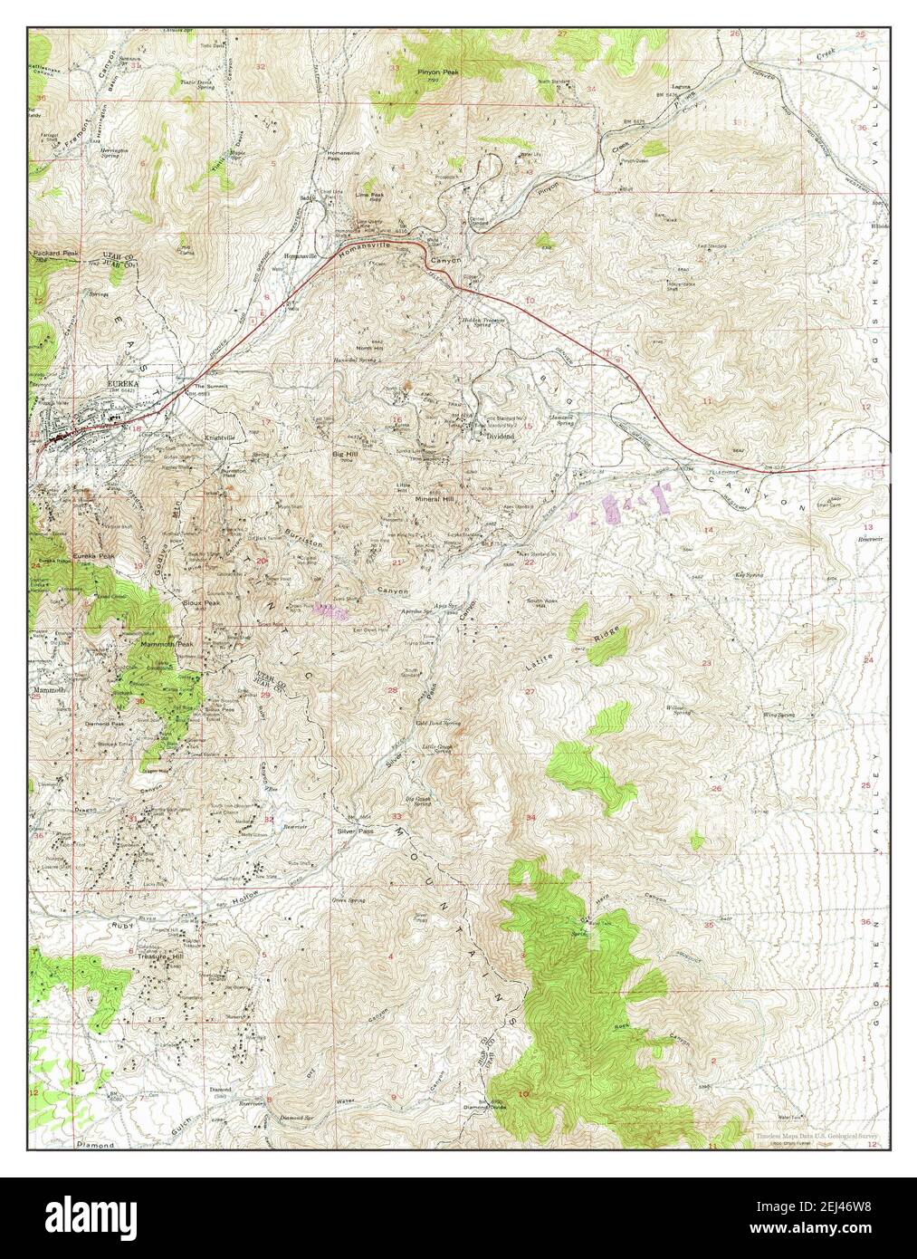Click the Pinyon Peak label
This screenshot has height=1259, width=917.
click(x=434, y=69)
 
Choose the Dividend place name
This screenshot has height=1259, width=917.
click(x=500, y=436)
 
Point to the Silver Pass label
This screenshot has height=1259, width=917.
click(x=354, y=830)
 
